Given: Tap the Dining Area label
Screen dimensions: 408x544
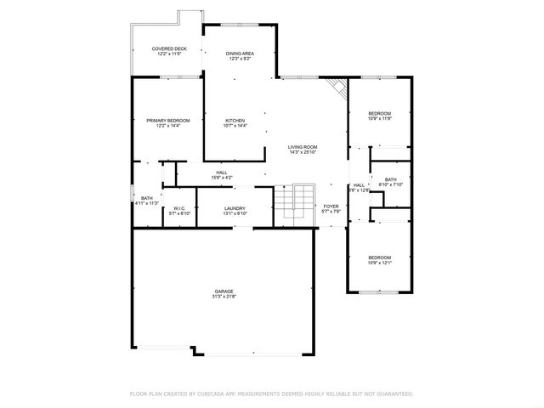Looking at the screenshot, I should point(239,54).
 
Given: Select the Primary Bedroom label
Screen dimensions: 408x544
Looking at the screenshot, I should point(167,121).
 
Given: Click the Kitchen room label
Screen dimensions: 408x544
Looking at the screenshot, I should point(235,121).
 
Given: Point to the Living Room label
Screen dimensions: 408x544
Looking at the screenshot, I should point(302,146).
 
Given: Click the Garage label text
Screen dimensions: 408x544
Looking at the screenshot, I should point(224,291).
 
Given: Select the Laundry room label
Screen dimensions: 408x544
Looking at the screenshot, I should point(235,207).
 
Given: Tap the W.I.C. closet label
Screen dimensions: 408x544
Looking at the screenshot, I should point(179,207).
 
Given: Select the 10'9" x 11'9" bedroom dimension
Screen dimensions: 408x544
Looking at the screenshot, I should point(379,119).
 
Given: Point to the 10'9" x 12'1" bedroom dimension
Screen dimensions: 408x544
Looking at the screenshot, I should point(379,263).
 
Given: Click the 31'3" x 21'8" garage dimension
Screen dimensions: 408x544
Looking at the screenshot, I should point(224,297).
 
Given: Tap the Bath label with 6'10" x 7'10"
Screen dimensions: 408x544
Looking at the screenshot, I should point(390,179).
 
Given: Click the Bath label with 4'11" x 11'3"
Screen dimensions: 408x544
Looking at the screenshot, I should point(147,198).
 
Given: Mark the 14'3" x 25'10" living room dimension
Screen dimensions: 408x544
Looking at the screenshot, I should point(302,152).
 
